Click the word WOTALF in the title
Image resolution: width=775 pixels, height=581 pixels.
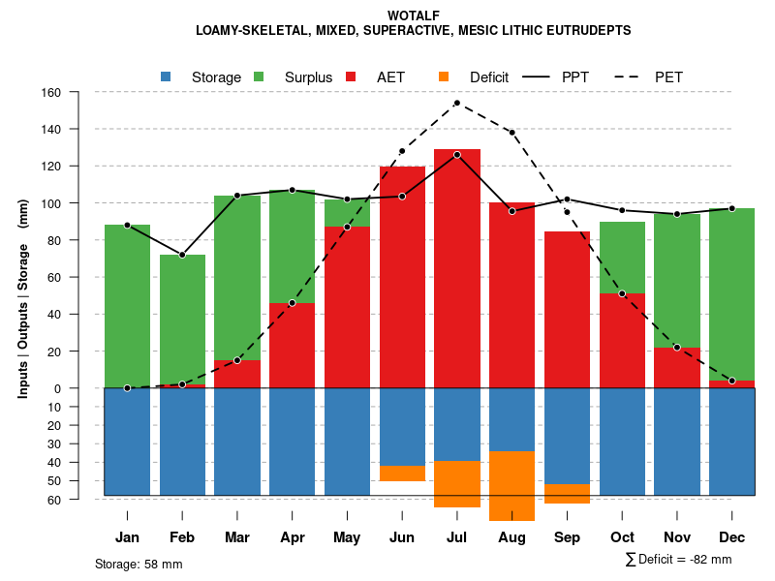(x=414, y=15)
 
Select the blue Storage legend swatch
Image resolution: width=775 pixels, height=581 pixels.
(x=167, y=76)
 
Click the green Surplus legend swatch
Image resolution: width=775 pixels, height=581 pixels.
(x=260, y=76)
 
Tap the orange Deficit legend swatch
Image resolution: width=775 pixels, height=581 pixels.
(x=445, y=76)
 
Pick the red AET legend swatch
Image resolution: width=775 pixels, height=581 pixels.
(x=352, y=76)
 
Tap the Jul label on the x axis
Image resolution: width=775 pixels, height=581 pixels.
(x=457, y=537)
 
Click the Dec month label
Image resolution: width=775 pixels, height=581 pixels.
(x=732, y=537)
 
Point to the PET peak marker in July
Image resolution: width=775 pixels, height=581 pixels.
(x=457, y=103)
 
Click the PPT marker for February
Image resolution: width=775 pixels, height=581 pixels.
(x=182, y=255)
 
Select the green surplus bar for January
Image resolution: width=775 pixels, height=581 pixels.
(x=127, y=306)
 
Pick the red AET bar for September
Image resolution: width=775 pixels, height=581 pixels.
(x=568, y=310)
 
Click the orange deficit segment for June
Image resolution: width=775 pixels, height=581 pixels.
(x=402, y=474)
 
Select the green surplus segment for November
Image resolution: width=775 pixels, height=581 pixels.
(x=677, y=281)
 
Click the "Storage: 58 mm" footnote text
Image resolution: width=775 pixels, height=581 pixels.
(x=139, y=564)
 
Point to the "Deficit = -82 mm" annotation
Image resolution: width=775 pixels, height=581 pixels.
(x=685, y=560)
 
